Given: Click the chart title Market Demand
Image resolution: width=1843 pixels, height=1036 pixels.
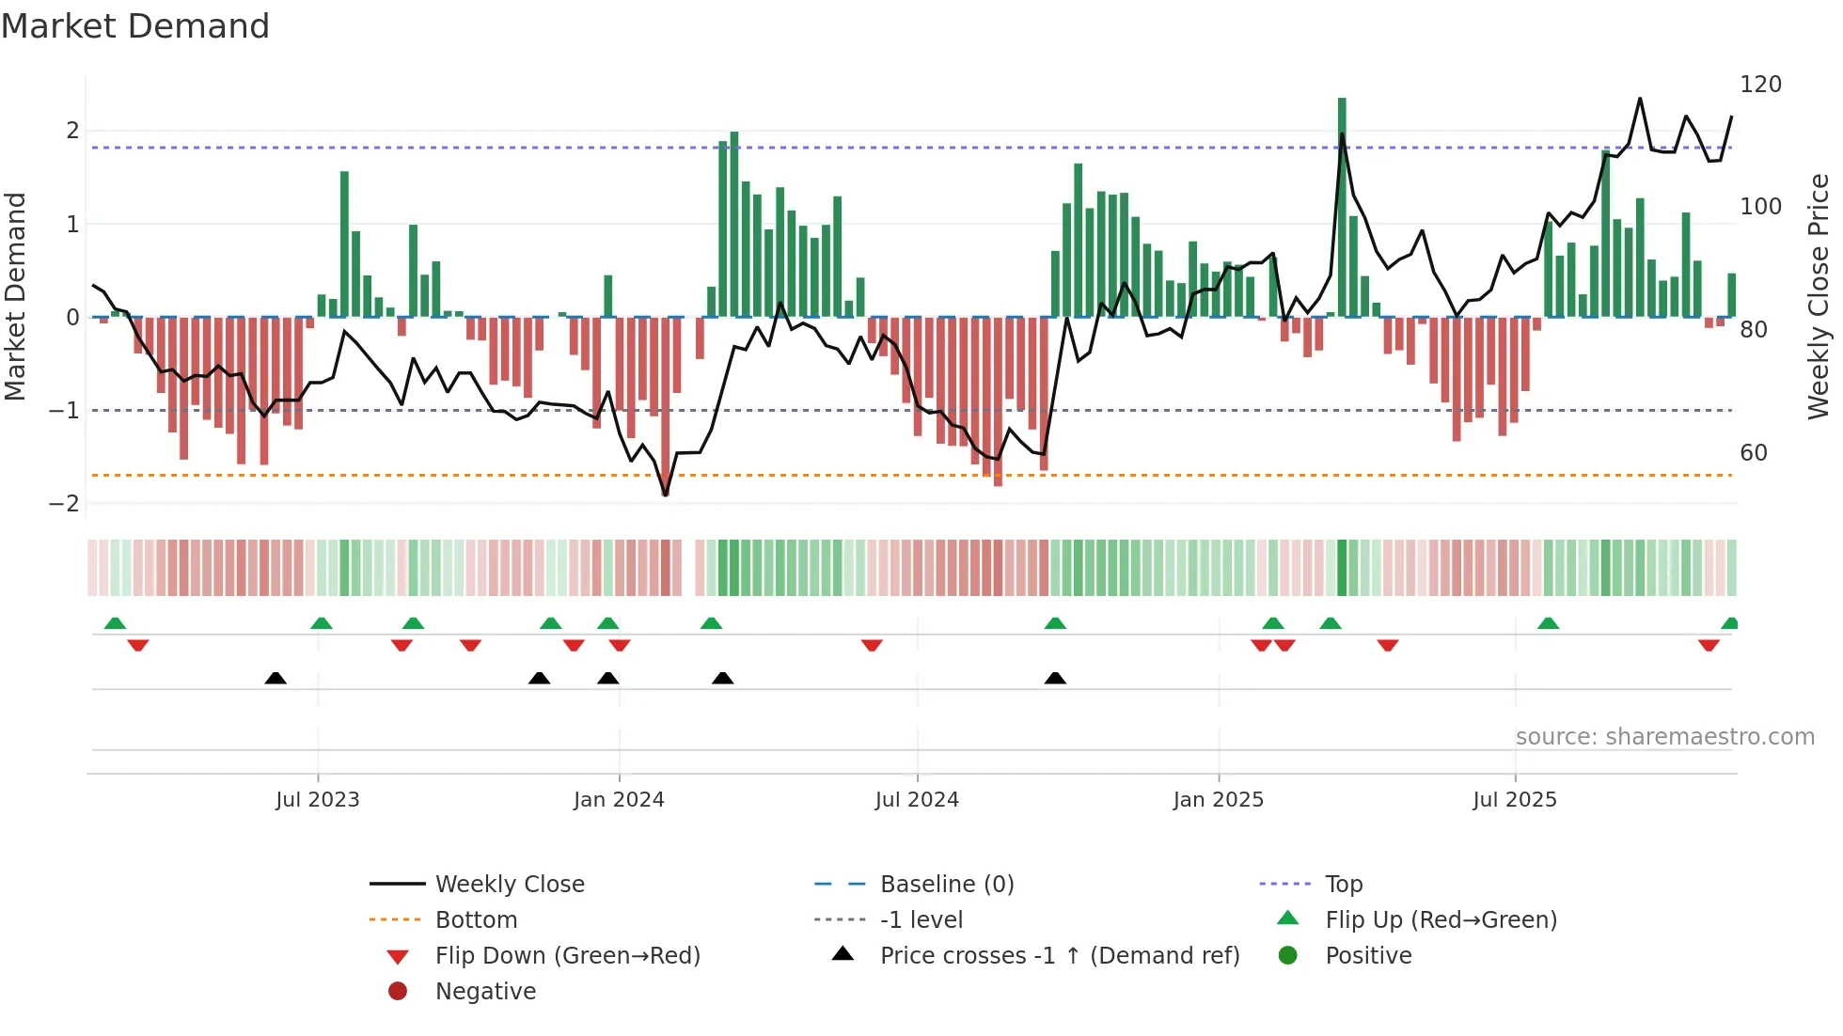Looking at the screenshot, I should [x=135, y=26].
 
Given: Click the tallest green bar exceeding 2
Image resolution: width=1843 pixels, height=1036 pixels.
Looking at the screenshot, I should [x=1342, y=207].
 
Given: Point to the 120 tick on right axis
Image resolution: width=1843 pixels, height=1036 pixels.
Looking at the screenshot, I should [x=1760, y=85].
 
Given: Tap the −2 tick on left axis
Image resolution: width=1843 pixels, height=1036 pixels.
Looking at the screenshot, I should [x=64, y=504].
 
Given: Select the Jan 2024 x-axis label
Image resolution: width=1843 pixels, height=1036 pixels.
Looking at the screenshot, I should [x=619, y=800].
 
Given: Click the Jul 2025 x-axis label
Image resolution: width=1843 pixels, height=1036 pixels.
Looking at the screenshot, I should [x=1514, y=800].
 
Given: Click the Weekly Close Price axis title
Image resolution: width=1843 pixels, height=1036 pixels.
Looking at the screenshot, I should [x=1819, y=296].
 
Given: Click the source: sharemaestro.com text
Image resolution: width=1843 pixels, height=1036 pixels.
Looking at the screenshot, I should [x=1664, y=737].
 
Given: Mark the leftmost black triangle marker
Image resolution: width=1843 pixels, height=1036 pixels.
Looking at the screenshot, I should [x=276, y=679].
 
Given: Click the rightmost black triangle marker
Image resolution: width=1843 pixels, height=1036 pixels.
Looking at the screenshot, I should [x=1055, y=679].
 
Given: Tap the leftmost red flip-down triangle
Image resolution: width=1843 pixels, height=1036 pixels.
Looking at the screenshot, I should [x=138, y=645].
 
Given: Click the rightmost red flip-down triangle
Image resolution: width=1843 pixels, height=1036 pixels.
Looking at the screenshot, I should [x=1709, y=645].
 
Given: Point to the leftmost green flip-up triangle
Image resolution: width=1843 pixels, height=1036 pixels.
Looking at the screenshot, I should [x=115, y=623].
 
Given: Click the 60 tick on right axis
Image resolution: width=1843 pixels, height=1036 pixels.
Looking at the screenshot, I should [x=1753, y=453].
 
